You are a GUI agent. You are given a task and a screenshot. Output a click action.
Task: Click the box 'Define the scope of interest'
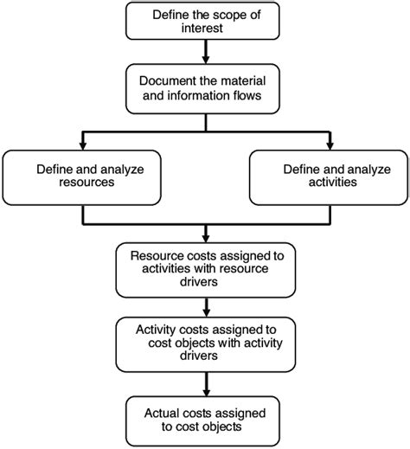click(204, 22)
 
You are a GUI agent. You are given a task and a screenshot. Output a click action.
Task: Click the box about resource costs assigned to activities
click(204, 269)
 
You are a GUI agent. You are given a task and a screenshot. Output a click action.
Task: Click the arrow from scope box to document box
click(204, 52)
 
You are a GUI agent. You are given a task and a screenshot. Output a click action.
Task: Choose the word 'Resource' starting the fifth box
click(156, 256)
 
